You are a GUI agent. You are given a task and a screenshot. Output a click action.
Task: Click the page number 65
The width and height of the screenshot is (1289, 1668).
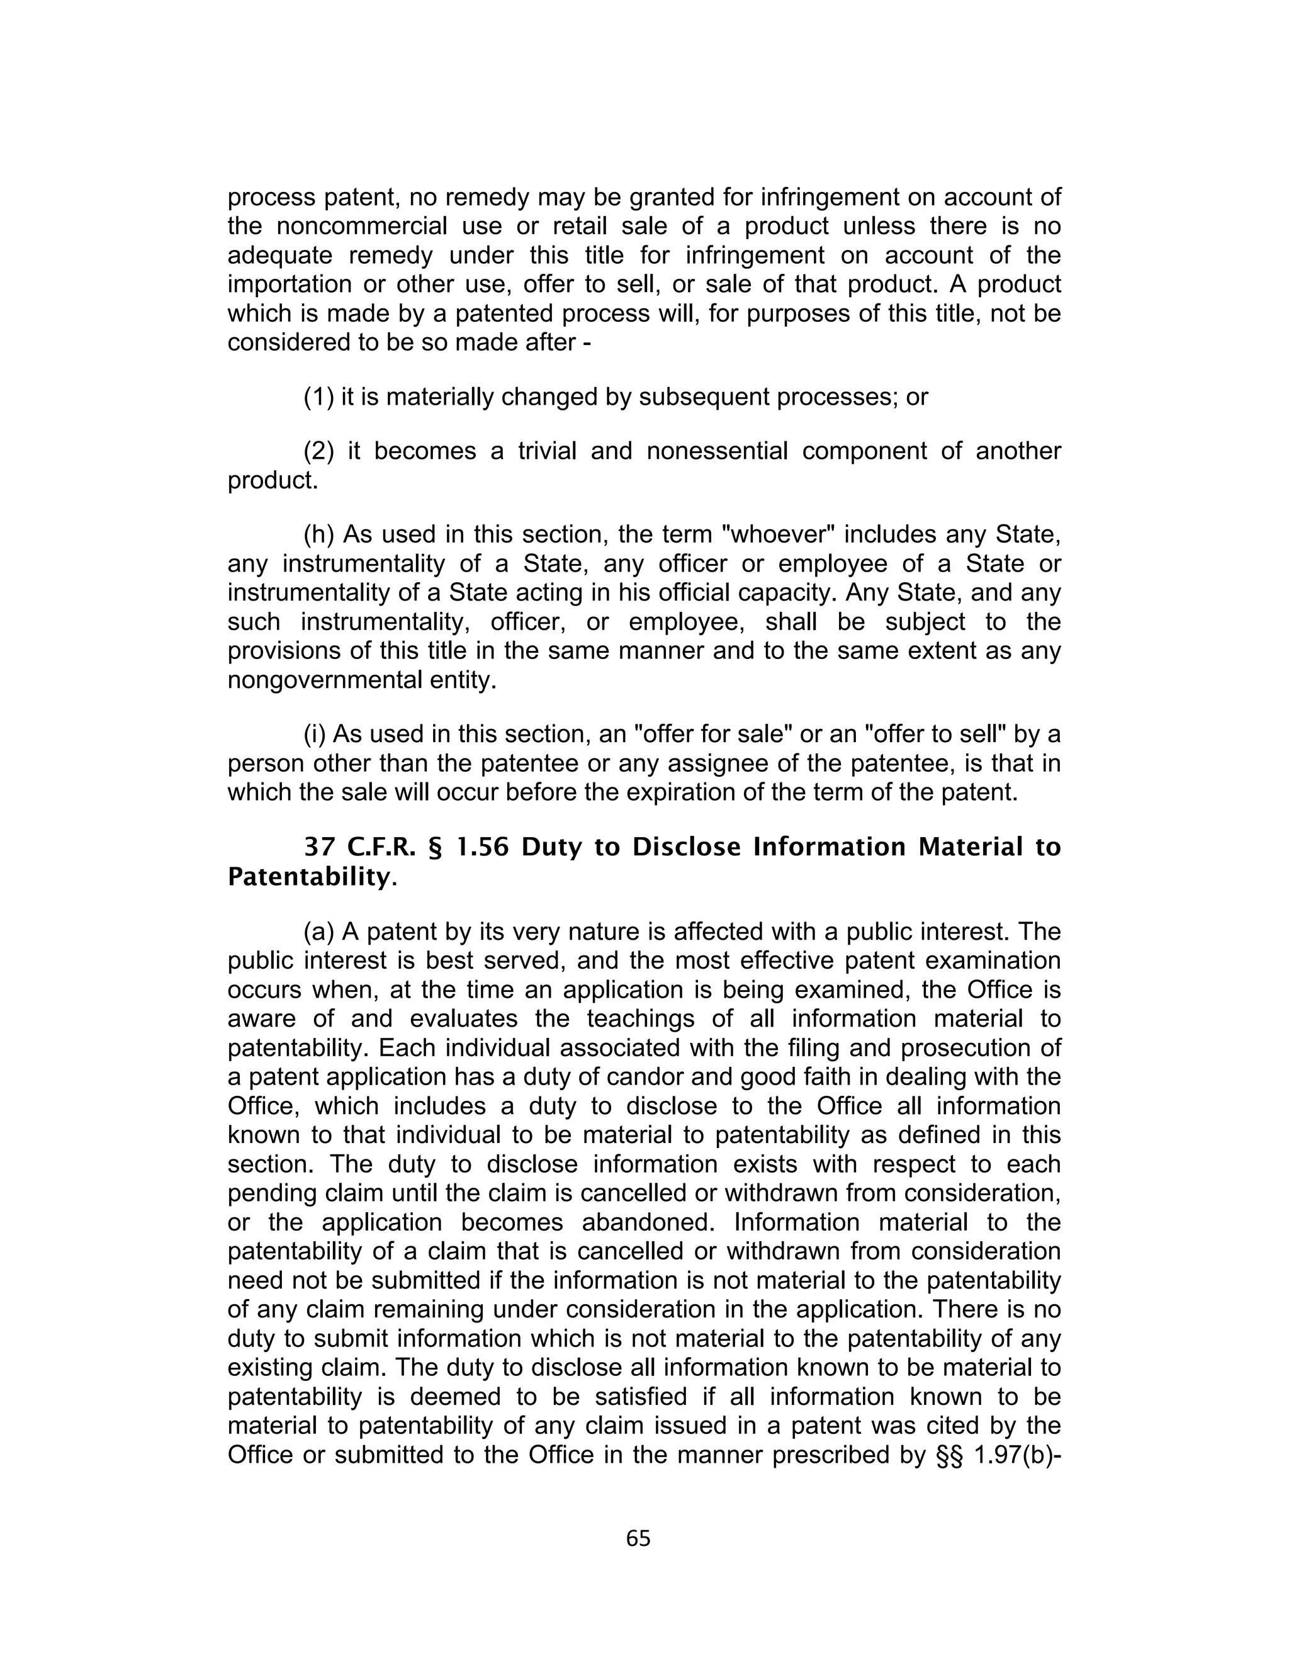[x=638, y=1538]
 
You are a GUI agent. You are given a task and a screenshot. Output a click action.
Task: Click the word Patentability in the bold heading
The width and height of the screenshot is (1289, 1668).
[x=308, y=877]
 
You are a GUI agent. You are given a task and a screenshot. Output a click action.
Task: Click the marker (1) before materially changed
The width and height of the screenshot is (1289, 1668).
[x=318, y=397]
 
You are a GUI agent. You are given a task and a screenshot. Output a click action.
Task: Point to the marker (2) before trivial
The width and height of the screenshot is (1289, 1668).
[x=318, y=451]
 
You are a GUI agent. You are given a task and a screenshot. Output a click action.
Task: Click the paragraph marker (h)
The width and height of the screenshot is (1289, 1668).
[x=318, y=534]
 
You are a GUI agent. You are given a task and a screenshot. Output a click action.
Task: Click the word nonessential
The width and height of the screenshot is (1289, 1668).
[x=717, y=451]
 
